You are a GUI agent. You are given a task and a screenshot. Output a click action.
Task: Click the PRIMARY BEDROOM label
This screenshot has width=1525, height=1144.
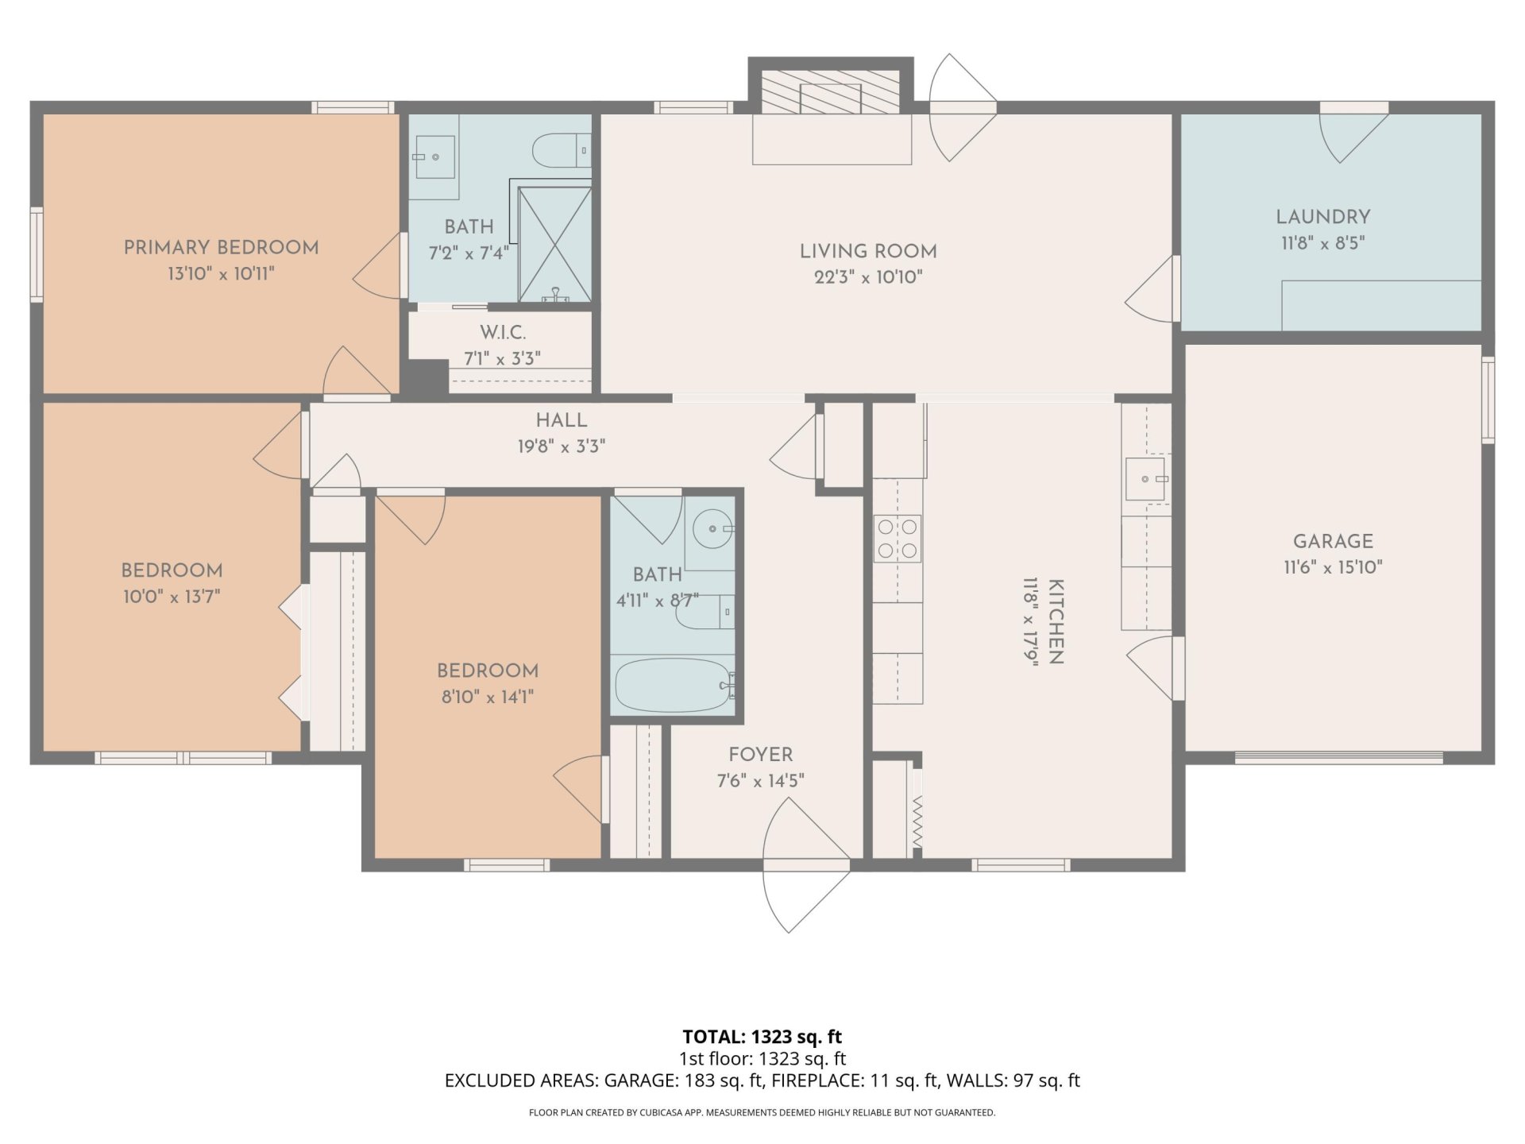pos(221,247)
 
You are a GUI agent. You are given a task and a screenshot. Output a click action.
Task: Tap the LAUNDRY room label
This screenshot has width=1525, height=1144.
pos(1322,217)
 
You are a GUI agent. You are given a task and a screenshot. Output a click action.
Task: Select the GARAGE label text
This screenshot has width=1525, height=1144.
pos(1333,541)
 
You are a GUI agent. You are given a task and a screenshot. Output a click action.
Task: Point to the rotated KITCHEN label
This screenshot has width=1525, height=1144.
pos(1056,621)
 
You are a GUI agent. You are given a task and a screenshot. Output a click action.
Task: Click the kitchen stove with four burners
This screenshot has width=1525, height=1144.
pos(898,539)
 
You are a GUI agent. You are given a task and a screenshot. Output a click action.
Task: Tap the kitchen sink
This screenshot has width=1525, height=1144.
pos(1145,479)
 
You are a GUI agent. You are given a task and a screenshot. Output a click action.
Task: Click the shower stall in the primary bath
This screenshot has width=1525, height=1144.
pos(554,244)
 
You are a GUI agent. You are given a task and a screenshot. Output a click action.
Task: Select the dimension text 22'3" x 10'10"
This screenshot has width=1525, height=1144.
pos(867,277)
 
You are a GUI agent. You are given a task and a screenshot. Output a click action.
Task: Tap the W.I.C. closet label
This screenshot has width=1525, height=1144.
pos(503,332)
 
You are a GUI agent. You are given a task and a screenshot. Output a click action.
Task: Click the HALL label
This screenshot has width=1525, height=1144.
pos(561,420)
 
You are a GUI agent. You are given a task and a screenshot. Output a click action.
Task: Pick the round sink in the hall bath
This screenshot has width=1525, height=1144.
pos(712,528)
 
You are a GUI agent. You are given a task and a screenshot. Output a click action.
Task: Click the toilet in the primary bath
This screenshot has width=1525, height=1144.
pos(558,150)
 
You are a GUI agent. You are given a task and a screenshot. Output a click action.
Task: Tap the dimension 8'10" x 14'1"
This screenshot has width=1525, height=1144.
pos(487,697)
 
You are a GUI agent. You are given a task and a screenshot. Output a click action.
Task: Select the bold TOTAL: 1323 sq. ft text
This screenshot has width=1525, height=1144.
pos(762,1037)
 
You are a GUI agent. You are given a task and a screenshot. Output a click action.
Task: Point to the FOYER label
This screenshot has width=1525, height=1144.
pos(760,754)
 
